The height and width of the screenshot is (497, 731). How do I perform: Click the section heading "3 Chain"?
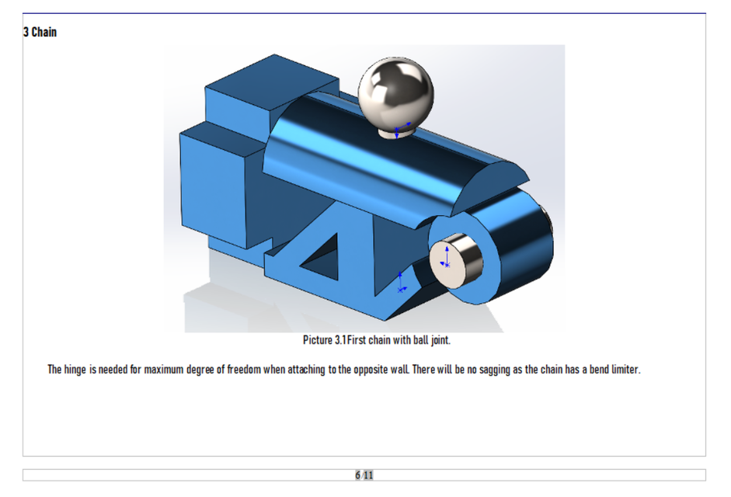point(40,33)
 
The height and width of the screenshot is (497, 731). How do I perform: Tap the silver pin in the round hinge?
point(458,258)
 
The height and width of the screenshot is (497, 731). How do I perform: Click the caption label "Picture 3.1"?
point(324,340)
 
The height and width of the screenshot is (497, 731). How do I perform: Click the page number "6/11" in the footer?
point(364,475)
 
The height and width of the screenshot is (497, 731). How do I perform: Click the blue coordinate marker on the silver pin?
point(446,259)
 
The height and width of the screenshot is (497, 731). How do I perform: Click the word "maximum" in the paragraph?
point(164,370)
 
